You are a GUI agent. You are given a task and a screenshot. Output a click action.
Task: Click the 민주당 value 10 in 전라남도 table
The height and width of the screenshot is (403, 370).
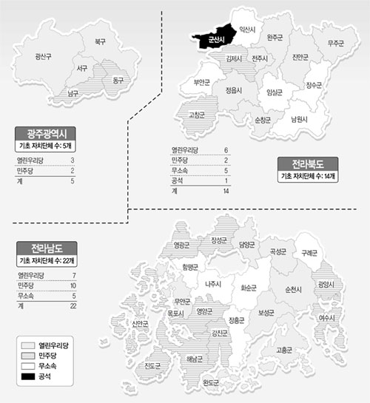coord(73,285)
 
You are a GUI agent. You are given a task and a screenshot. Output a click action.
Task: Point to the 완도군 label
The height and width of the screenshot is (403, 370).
coord(211,382)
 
